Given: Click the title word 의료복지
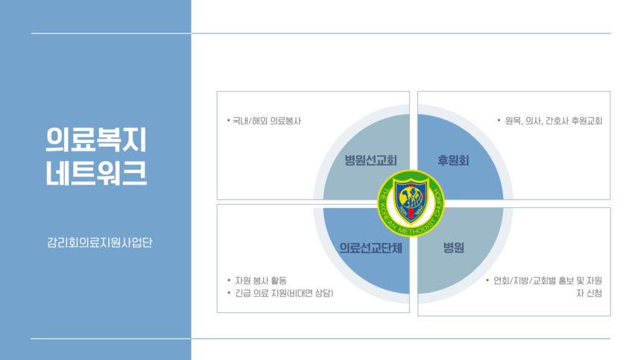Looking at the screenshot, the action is [95, 139].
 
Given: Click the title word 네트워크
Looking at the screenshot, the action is [95, 173].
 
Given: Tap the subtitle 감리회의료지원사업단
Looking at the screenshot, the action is [100, 242].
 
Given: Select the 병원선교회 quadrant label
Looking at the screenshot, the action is [370, 160].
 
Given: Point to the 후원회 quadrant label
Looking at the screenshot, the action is [453, 160].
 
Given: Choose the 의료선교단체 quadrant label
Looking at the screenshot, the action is [370, 247].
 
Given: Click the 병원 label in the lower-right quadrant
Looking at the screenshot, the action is [453, 247].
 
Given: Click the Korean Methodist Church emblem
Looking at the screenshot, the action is [411, 203].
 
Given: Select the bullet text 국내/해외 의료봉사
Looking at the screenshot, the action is [267, 121].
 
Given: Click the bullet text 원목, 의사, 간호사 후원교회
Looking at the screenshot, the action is [554, 121].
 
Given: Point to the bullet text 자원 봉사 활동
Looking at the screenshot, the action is [261, 281].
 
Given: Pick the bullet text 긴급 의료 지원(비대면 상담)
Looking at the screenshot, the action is [284, 294].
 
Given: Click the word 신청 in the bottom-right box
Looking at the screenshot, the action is [593, 294].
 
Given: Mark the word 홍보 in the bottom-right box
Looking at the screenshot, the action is [566, 281].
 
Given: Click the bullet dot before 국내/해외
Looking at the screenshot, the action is [228, 120].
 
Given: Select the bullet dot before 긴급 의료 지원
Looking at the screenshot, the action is [229, 293].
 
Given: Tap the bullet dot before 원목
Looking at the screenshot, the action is [499, 120].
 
